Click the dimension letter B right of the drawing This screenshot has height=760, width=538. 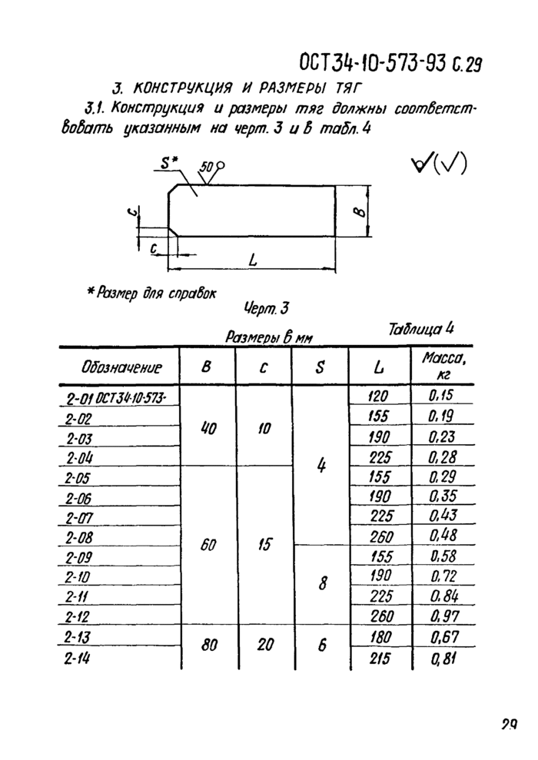click(359, 212)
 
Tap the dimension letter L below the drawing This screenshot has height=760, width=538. click(253, 260)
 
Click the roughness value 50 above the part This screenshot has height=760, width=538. click(206, 168)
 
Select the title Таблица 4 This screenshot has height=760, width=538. click(421, 329)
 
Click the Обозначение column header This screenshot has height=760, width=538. click(121, 367)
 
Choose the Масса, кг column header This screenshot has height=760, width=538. click(443, 366)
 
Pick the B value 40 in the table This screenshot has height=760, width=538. click(208, 429)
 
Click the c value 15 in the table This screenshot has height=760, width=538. click(264, 545)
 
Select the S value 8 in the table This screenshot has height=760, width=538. click(322, 584)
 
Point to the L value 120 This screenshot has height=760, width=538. click(377, 396)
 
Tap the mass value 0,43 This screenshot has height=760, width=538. click(443, 515)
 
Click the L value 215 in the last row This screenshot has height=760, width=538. click(380, 659)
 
